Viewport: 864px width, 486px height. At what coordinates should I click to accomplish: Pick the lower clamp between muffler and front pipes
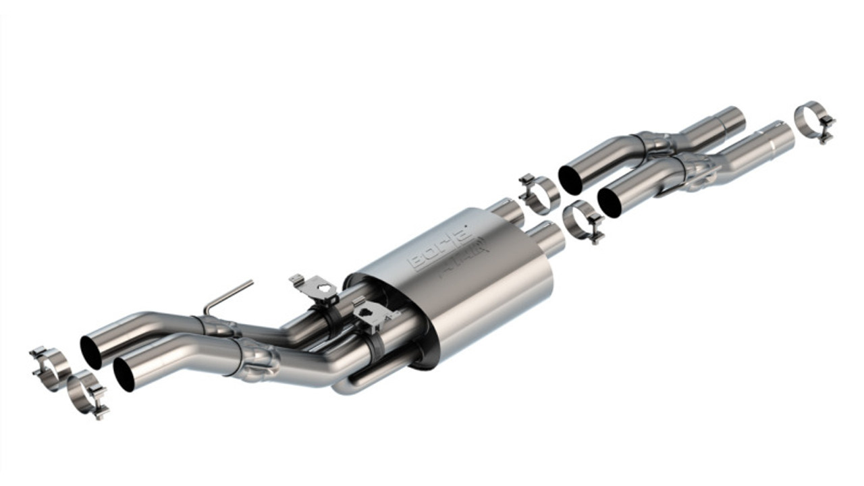[x=582, y=221]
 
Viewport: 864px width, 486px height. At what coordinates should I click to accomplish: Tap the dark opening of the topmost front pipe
[x=571, y=178]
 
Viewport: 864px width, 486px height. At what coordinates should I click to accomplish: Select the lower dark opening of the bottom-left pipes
[x=124, y=374]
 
